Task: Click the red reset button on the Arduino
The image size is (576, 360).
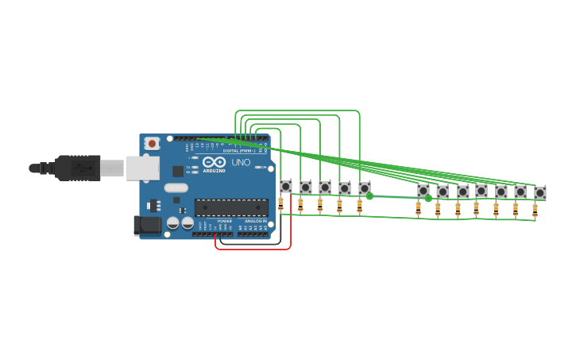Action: tap(152, 143)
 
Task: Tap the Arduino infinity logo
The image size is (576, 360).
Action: tap(214, 162)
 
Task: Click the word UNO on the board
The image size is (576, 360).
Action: tap(241, 162)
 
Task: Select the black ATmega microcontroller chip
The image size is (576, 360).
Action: tap(231, 207)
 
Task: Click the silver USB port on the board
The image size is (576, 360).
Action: tap(143, 168)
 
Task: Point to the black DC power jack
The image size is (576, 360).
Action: tap(148, 226)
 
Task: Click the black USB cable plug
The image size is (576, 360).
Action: tap(78, 168)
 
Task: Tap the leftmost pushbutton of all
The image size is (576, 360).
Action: tap(286, 186)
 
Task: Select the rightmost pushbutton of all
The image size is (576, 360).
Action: tap(540, 192)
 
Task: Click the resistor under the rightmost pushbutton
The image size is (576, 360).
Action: tap(535, 210)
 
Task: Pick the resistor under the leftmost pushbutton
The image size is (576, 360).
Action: tap(280, 203)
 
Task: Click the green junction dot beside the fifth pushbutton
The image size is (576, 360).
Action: tap(369, 195)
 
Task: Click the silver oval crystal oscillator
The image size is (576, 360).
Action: tap(176, 188)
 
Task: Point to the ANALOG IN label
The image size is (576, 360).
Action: tap(255, 221)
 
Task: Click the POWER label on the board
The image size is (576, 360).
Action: tap(224, 221)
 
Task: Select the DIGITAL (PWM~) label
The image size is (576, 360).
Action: tap(238, 150)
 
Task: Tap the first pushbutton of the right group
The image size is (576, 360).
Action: tap(423, 191)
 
